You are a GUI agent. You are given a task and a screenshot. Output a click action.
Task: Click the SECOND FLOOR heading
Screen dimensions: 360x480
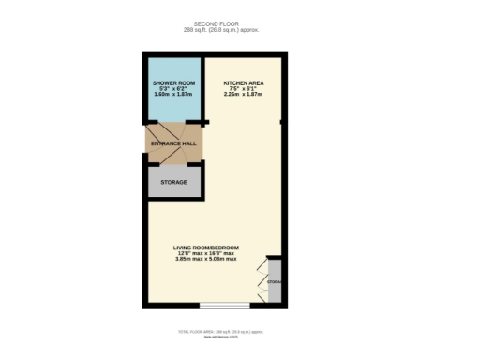point(226,23)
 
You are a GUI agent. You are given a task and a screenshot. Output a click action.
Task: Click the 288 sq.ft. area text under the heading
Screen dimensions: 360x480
point(226,30)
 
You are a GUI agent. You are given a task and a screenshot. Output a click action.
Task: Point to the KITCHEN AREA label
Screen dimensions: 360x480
point(243,83)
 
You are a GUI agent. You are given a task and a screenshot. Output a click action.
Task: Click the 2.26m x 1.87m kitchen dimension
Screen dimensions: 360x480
point(243,95)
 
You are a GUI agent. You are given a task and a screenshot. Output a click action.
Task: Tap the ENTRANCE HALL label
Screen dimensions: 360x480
point(172,143)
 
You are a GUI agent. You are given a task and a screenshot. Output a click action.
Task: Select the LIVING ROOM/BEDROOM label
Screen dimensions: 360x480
point(207,247)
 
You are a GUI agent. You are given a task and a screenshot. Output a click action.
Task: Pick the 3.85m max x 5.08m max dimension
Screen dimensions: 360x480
point(207,260)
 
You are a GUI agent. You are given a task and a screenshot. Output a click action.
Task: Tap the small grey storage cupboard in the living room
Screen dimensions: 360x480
point(275,281)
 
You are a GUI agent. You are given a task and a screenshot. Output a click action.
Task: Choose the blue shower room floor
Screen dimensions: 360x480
point(173,108)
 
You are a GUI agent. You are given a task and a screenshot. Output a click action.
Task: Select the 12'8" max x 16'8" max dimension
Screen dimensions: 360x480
point(207,253)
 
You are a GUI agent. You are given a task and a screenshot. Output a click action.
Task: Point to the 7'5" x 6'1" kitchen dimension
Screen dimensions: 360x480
point(243,89)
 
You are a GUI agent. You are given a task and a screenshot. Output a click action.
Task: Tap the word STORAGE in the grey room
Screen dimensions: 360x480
point(174,182)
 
